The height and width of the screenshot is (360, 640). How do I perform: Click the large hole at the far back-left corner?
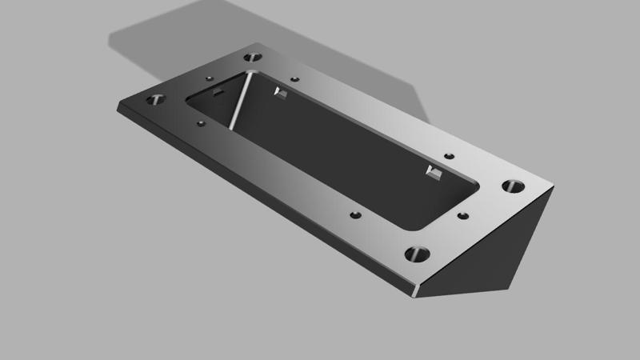254,58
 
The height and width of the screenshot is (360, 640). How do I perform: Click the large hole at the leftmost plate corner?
154,101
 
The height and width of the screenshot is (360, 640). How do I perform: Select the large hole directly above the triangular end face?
513,187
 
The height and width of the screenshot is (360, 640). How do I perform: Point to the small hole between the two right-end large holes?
462,215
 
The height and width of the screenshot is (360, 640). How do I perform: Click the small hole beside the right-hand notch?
450,155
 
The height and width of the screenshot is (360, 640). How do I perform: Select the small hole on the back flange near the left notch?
294,80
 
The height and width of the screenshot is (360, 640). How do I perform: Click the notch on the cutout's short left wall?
216,93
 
